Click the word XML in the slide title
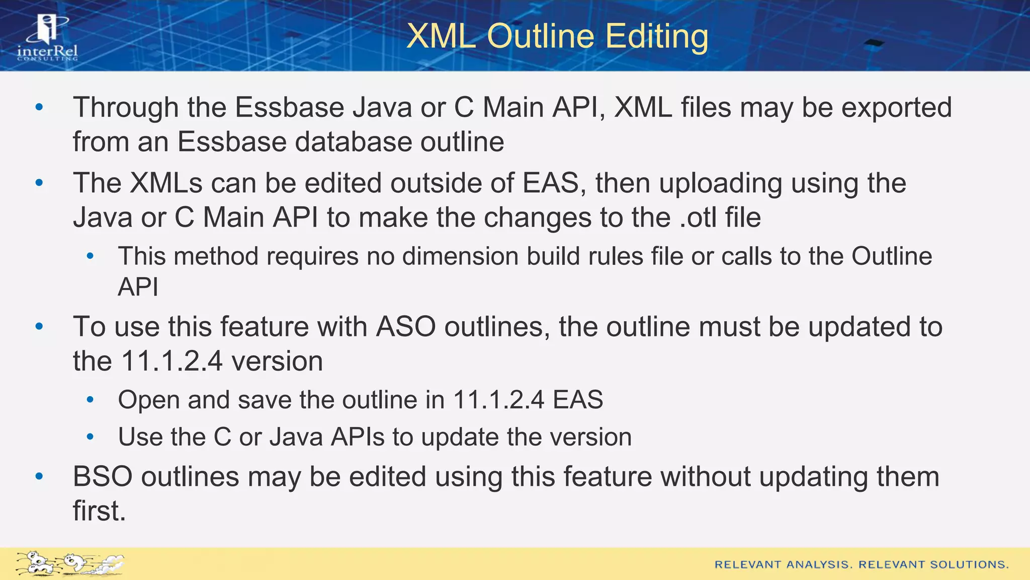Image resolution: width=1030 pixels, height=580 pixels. tap(441, 36)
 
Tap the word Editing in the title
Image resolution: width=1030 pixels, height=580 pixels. tap(656, 36)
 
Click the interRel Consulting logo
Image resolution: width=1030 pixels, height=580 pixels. tap(48, 38)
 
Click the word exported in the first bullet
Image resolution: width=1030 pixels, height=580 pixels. tap(897, 108)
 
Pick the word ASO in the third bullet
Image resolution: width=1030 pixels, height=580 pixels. tap(406, 327)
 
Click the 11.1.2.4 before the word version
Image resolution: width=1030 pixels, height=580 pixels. tap(172, 361)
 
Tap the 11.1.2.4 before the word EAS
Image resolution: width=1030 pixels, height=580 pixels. tap(498, 400)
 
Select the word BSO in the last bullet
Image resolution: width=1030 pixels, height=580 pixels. tap(103, 476)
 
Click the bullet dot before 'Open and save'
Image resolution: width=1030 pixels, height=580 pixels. tap(90, 400)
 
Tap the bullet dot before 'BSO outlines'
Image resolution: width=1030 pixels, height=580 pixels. tap(39, 476)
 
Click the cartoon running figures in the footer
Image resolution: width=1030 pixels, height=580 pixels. tap(69, 563)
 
